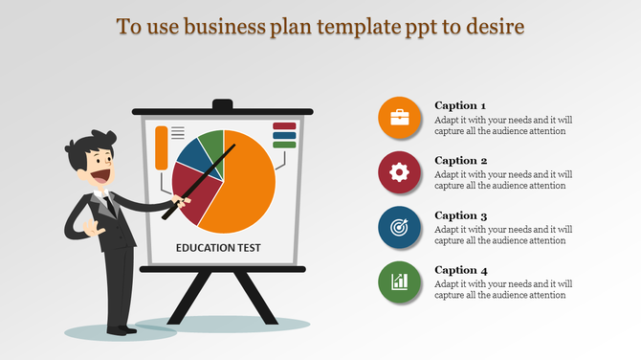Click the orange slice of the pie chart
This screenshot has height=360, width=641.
tap(243, 191)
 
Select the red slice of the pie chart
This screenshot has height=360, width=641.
tap(191, 187)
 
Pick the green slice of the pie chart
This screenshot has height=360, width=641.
tap(213, 144)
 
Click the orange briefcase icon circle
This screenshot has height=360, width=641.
tap(399, 119)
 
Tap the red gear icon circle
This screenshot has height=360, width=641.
tap(399, 173)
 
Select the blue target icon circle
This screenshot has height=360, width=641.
tap(399, 228)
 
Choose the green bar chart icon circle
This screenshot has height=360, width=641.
tap(399, 282)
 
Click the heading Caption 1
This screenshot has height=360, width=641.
tap(460, 105)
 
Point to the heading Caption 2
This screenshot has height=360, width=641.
tap(460, 160)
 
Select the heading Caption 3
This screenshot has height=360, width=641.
tap(460, 215)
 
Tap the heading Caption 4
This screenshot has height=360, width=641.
tap(460, 270)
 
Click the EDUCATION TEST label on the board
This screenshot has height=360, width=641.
tap(218, 248)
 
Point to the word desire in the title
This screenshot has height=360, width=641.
tap(495, 27)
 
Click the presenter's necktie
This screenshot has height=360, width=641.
tap(111, 203)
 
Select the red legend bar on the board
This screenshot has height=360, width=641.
tap(284, 126)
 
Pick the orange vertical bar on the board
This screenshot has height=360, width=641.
tap(161, 146)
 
